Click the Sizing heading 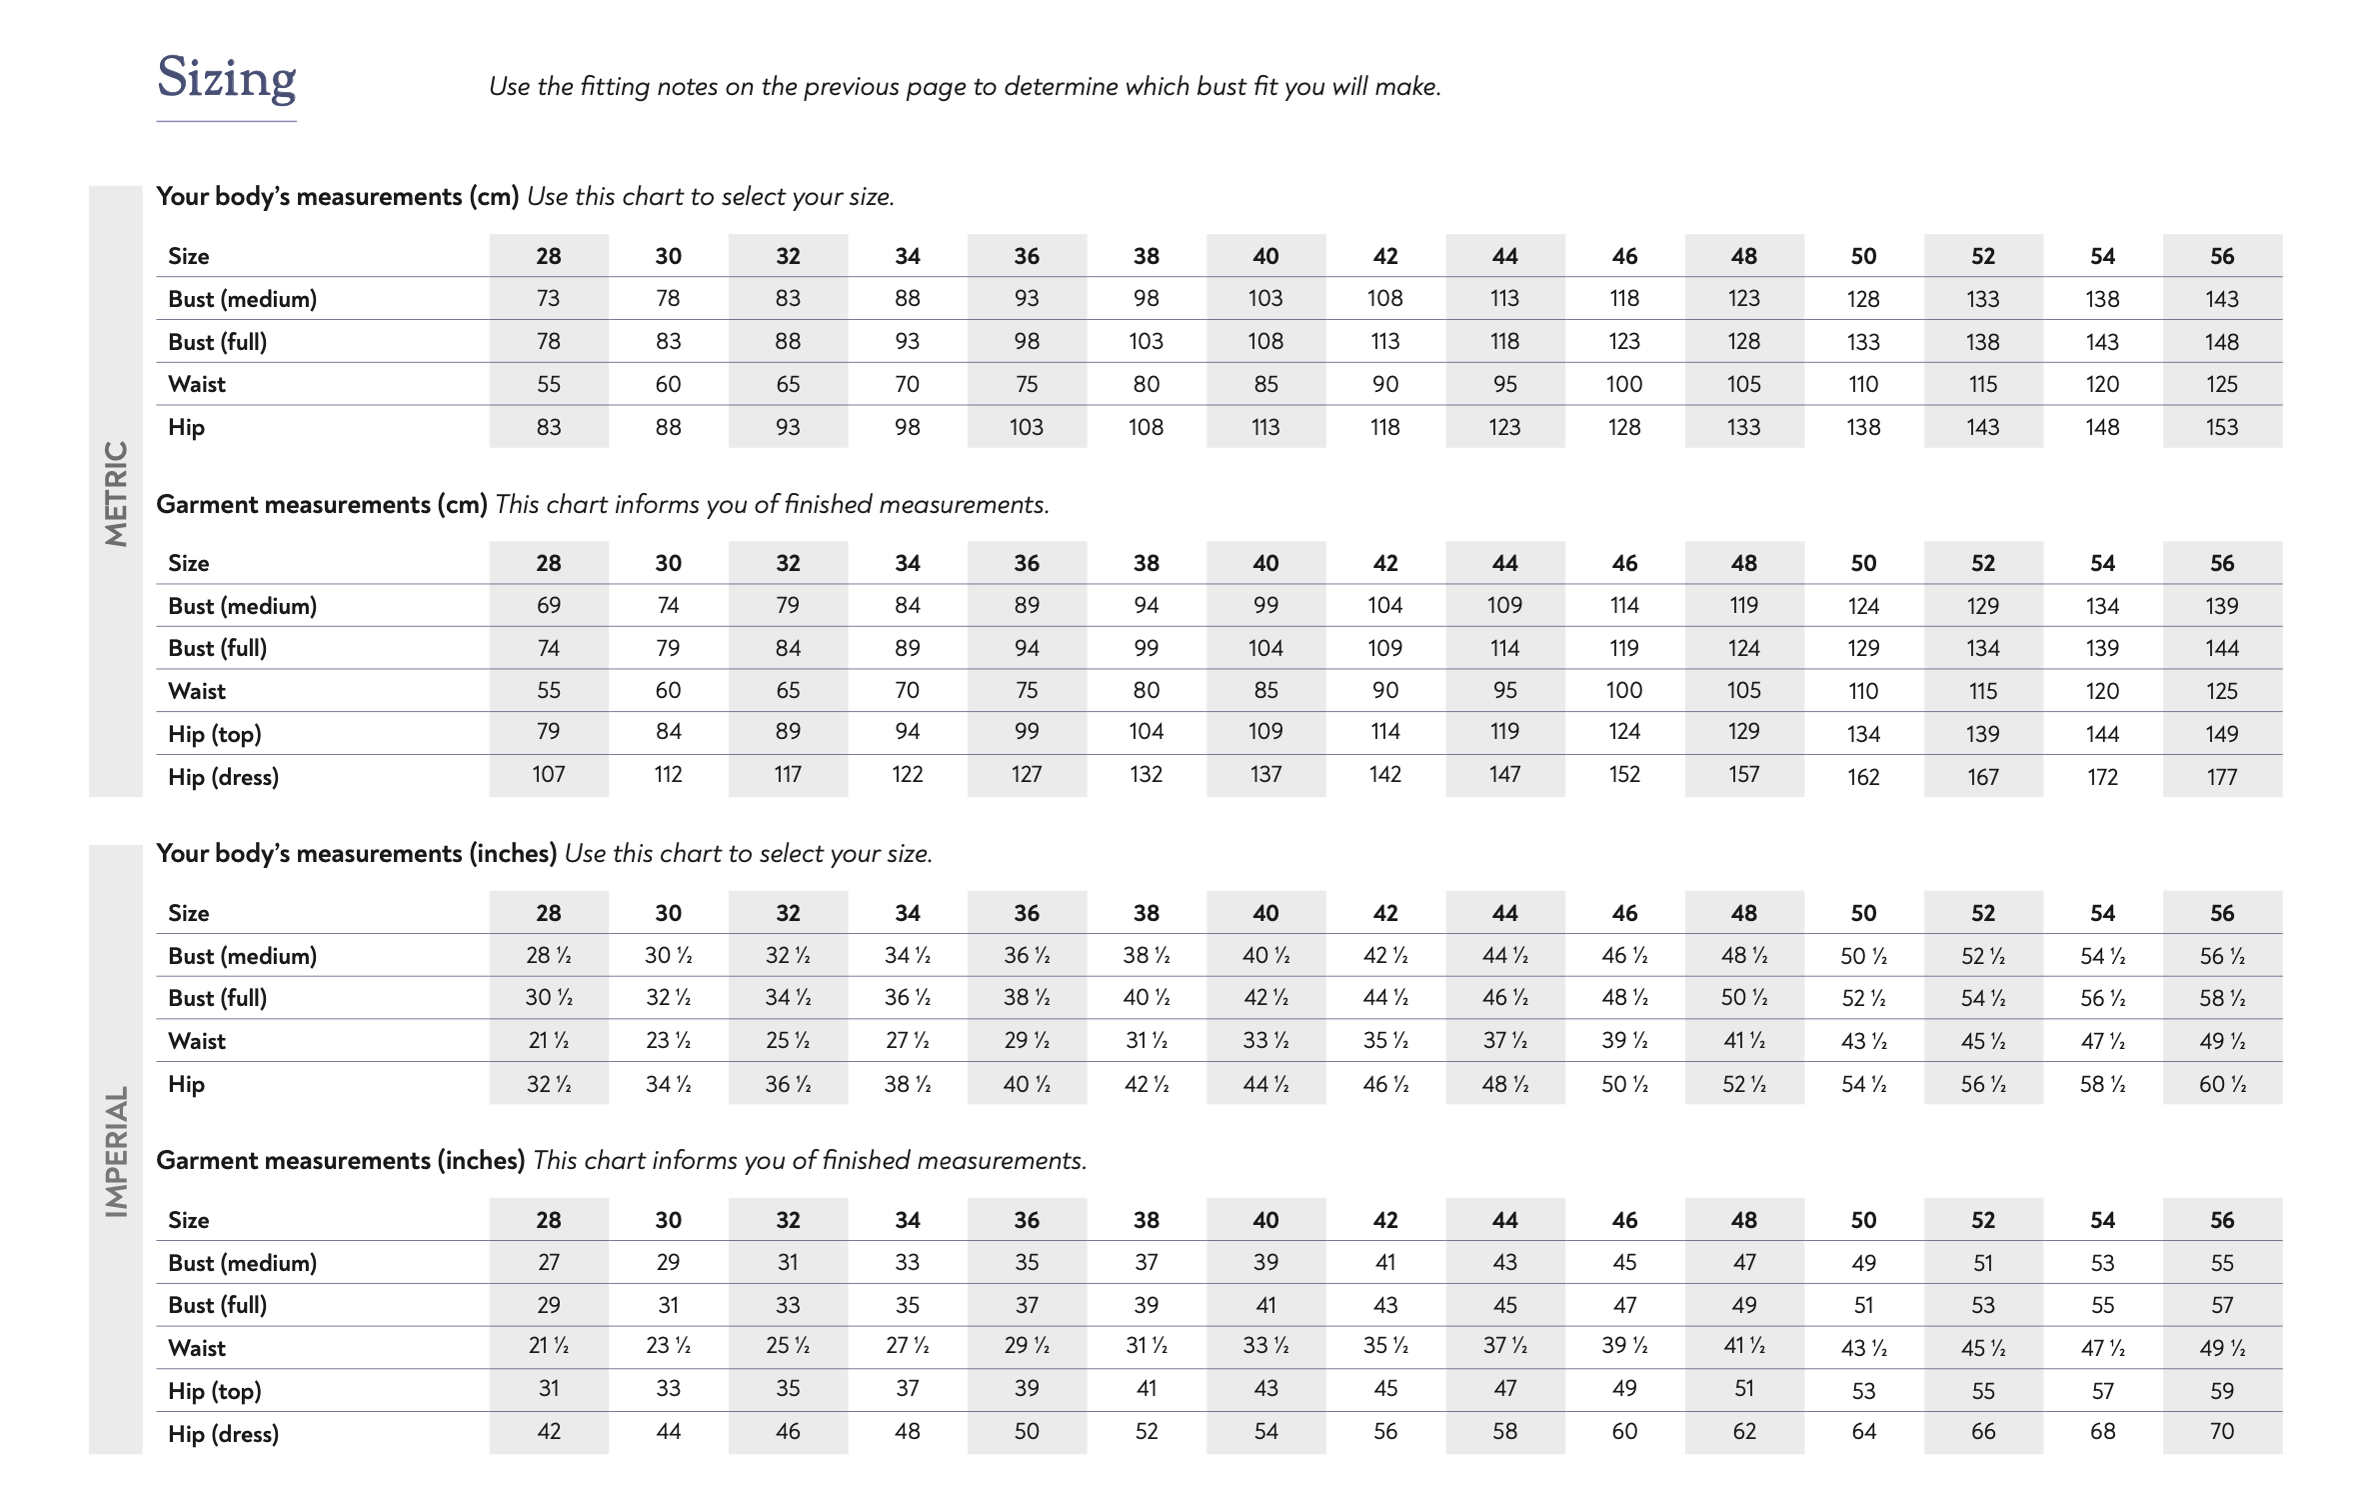coord(227,78)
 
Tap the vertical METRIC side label coord(117,493)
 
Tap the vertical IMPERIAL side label coord(117,1151)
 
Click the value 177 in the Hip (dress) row coord(2221,777)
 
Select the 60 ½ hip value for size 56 coord(2221,1084)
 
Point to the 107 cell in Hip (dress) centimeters coord(548,775)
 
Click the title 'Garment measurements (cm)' coord(321,505)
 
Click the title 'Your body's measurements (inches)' coord(356,854)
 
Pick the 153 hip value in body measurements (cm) coord(2221,428)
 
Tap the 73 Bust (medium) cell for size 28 coord(548,299)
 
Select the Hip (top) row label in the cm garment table coord(214,735)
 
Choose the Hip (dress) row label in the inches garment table coord(223,1434)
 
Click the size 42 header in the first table coord(1384,257)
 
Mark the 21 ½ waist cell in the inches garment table coord(548,1347)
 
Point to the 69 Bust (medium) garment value coord(548,606)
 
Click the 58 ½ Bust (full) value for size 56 coord(2221,999)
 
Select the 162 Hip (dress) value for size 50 coord(1863,777)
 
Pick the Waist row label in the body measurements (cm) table coord(197,385)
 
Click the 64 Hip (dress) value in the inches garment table coord(1863,1432)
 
